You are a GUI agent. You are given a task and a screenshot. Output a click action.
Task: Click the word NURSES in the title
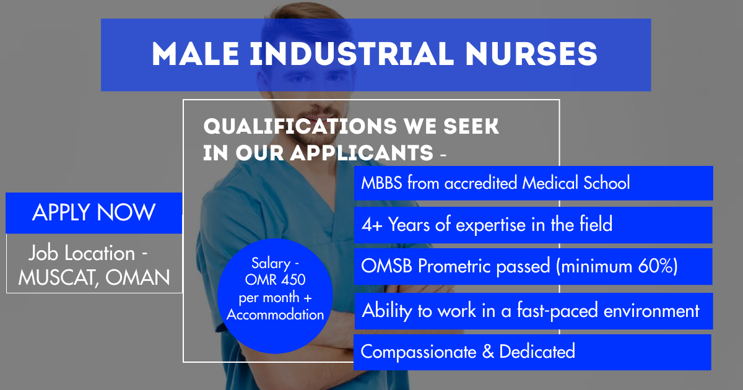pyautogui.click(x=531, y=54)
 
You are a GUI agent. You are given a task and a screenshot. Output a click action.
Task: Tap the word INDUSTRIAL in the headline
pyautogui.click(x=352, y=54)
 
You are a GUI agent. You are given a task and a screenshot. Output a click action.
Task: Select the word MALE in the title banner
pyautogui.click(x=195, y=54)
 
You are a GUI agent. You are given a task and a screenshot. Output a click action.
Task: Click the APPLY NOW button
pyautogui.click(x=94, y=213)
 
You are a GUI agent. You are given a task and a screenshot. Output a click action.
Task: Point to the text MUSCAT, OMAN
pyautogui.click(x=94, y=277)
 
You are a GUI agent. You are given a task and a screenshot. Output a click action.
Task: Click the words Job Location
pyautogui.click(x=82, y=253)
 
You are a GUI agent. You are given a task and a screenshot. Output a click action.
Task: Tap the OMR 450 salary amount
pyautogui.click(x=275, y=280)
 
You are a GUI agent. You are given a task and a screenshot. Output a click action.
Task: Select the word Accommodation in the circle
pyautogui.click(x=275, y=314)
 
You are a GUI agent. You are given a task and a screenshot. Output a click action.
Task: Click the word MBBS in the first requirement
pyautogui.click(x=381, y=183)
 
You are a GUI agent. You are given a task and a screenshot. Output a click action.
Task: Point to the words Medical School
pyautogui.click(x=576, y=183)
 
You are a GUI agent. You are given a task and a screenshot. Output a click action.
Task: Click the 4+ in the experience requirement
pyautogui.click(x=372, y=225)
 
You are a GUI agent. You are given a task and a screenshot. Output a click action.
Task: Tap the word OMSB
pyautogui.click(x=386, y=266)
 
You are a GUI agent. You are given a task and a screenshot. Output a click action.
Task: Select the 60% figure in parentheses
pyautogui.click(x=657, y=266)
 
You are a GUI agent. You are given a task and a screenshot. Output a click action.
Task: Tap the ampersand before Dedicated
pyautogui.click(x=488, y=352)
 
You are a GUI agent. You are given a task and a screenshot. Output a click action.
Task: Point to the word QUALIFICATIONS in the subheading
pyautogui.click(x=300, y=126)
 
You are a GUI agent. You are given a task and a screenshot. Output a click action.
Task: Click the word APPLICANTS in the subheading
pyautogui.click(x=362, y=153)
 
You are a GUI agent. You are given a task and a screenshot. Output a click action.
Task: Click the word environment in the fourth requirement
pyautogui.click(x=651, y=311)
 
